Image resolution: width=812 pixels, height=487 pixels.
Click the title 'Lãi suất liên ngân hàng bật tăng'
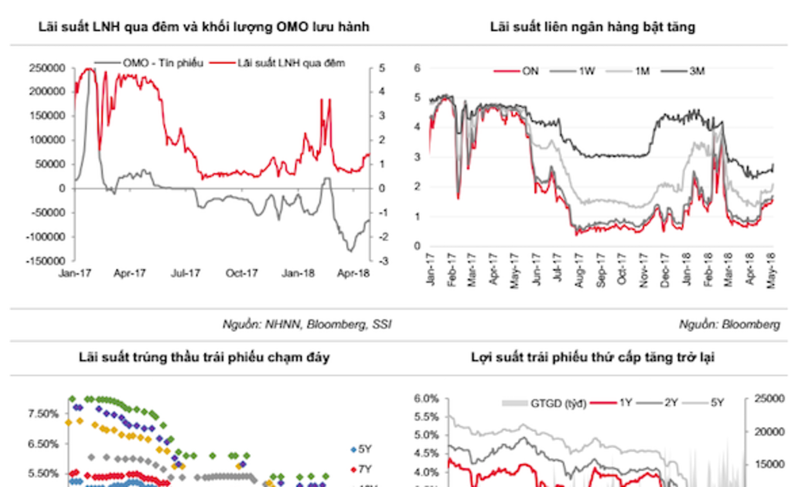tap(592, 27)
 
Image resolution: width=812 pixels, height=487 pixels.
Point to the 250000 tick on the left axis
tap(47, 68)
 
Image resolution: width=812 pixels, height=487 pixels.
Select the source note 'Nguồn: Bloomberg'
tap(729, 325)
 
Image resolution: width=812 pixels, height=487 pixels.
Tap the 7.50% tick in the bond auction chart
tap(43, 414)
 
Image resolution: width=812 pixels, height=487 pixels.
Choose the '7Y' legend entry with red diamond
tap(362, 469)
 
